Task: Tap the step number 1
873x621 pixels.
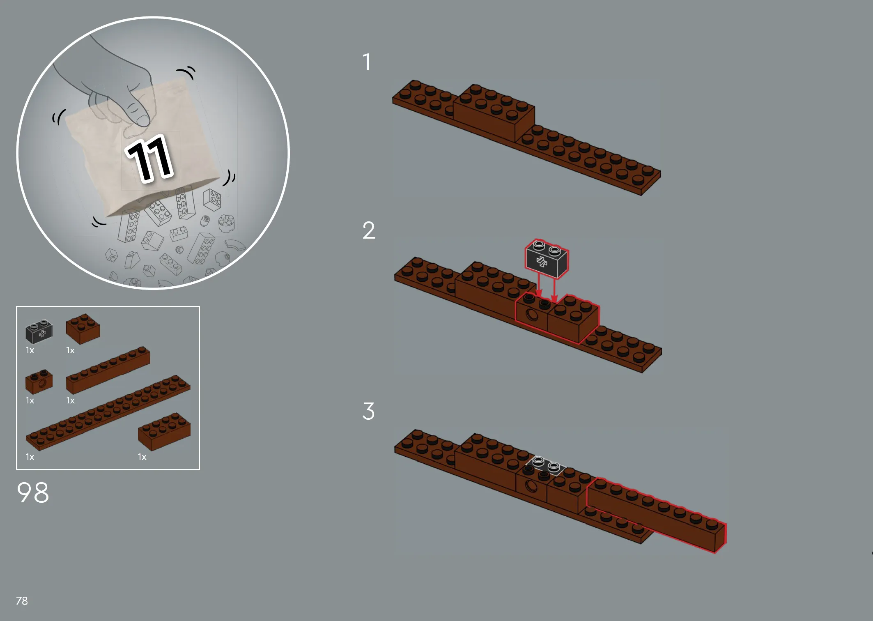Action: [x=367, y=62]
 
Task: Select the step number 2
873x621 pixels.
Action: [x=369, y=230]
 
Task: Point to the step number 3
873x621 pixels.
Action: [x=368, y=411]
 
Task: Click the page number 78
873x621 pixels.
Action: [x=22, y=601]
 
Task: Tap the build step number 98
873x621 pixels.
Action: [x=33, y=492]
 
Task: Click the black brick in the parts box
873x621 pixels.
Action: [x=39, y=331]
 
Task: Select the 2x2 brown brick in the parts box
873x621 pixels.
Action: [x=83, y=329]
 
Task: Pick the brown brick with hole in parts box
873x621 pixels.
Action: [x=39, y=382]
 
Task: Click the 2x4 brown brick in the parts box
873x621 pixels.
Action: [x=164, y=432]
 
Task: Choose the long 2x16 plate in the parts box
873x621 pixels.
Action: [x=108, y=413]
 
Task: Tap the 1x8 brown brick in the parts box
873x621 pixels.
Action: [x=108, y=370]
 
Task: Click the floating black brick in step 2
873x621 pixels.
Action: [x=547, y=259]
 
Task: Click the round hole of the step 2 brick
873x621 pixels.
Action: [x=532, y=315]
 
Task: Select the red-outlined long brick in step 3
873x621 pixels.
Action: [x=656, y=515]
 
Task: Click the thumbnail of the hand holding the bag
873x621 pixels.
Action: [x=153, y=153]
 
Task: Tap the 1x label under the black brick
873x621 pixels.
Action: [x=30, y=350]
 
